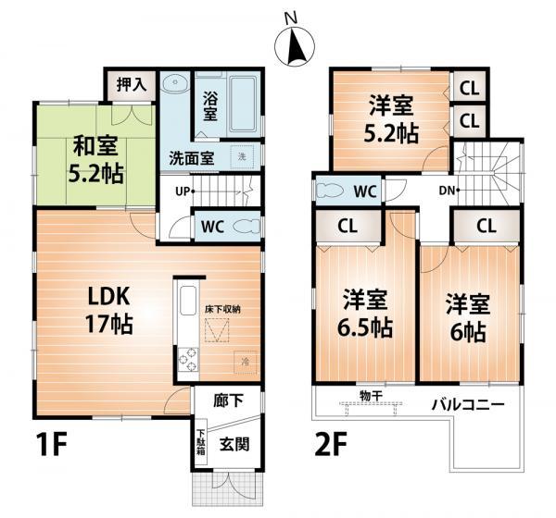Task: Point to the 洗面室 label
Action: point(191,158)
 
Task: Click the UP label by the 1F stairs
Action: point(184,192)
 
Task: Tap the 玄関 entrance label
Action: point(233,442)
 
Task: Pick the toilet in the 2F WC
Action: point(332,191)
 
